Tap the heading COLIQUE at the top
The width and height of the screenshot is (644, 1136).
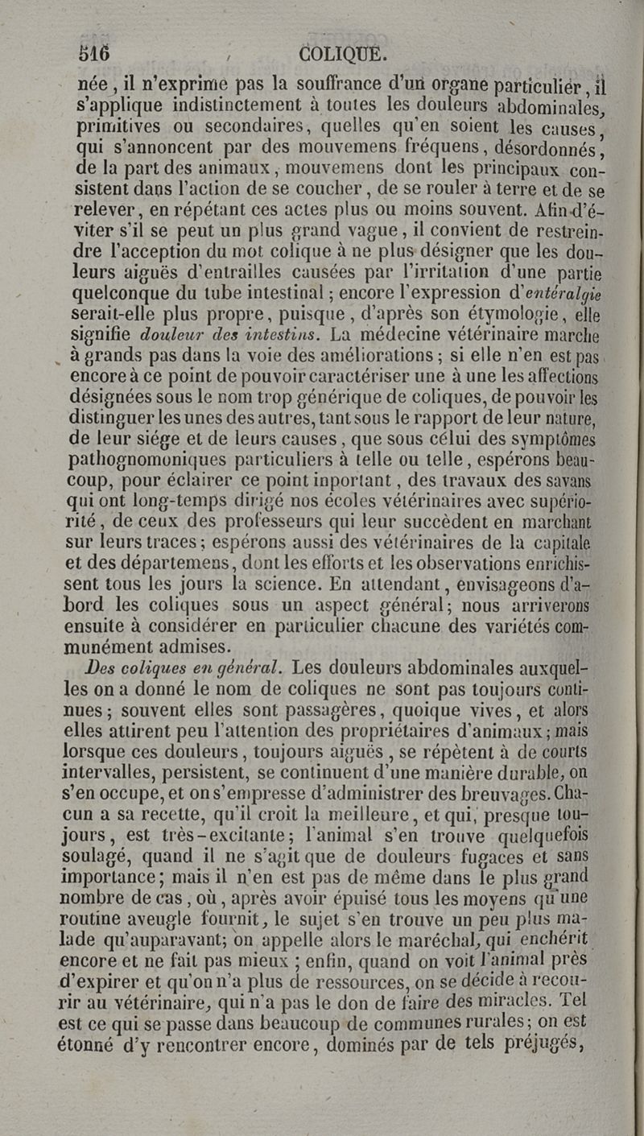(x=343, y=53)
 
